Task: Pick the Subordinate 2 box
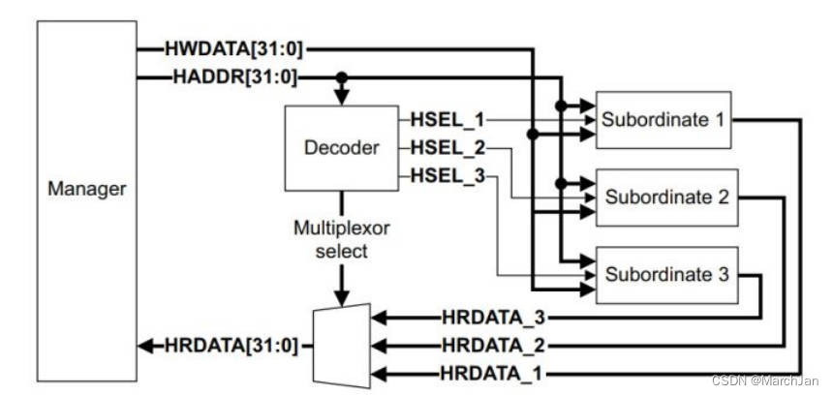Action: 665,197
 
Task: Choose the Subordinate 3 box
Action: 665,273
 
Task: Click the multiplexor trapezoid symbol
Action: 342,345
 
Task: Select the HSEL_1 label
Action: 447,119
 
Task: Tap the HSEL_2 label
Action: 447,148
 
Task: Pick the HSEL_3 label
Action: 447,177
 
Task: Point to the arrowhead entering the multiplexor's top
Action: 341,294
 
